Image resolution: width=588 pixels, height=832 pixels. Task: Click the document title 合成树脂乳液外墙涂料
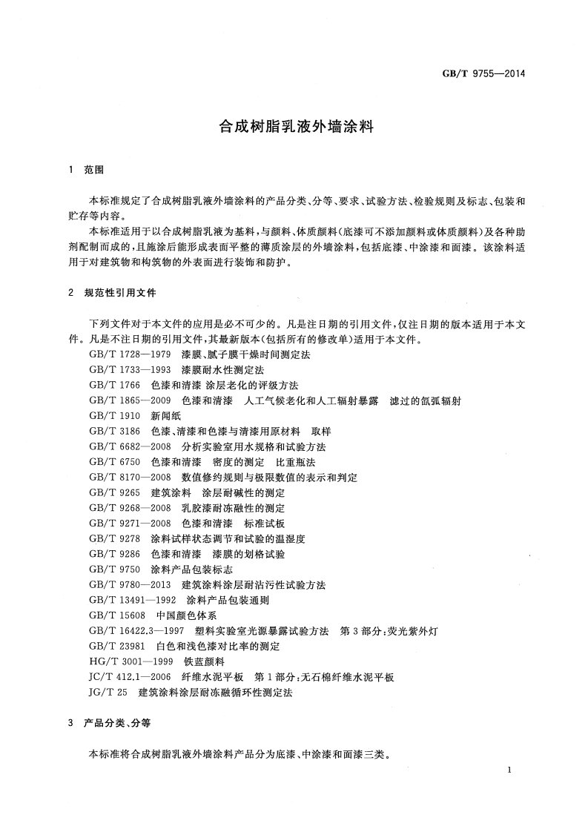(294, 126)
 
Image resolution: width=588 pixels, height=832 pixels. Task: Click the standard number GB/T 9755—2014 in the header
(483, 73)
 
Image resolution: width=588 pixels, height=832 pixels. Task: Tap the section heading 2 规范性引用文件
(112, 293)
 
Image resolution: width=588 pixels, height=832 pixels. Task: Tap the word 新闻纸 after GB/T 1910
(166, 417)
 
